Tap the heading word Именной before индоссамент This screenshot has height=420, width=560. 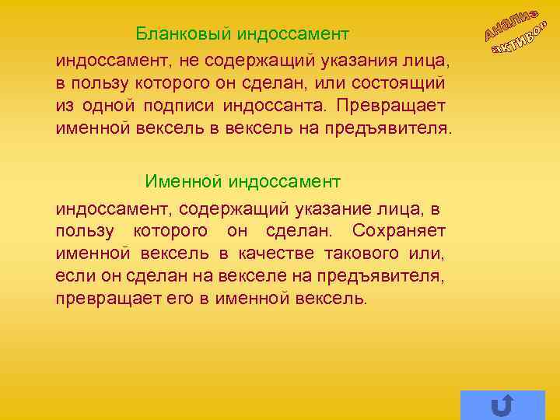tap(184, 181)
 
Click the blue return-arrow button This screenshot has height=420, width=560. tap(502, 404)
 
